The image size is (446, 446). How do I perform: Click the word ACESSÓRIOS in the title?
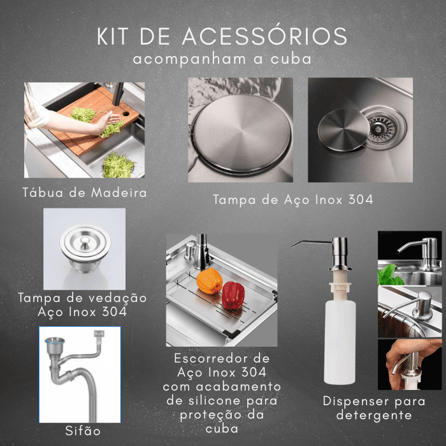264,36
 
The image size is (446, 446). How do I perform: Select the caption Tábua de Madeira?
85,192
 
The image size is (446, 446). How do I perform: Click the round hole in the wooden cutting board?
126,114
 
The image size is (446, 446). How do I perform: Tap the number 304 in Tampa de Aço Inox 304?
361,199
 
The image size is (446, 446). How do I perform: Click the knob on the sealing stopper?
85,241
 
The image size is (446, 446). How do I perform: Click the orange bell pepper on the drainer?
209,281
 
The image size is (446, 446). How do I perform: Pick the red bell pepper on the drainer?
233,295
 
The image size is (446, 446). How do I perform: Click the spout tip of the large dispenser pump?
292,245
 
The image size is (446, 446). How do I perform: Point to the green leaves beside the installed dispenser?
390,275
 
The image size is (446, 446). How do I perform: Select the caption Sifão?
83,431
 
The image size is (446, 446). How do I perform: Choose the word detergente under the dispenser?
374,415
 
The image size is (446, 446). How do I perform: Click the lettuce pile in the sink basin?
118,166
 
